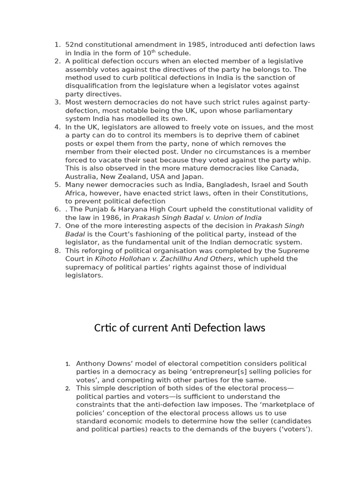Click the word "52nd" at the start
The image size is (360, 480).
(x=74, y=45)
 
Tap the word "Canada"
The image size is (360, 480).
(x=285, y=168)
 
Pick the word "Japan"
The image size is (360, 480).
(x=193, y=176)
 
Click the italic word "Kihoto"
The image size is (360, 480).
(x=108, y=259)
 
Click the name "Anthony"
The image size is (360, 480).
(x=92, y=363)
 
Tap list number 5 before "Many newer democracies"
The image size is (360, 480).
(x=57, y=185)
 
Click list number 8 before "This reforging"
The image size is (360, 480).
(x=57, y=250)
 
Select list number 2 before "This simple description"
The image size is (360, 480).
(x=67, y=388)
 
